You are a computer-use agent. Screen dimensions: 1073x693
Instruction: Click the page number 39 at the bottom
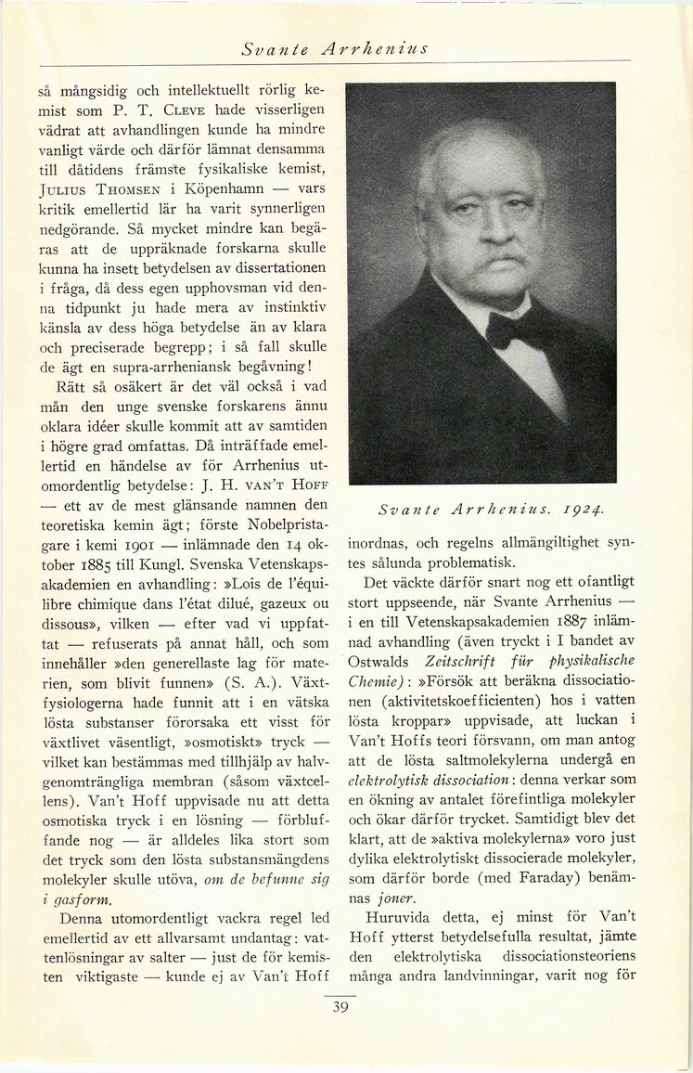340,1009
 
